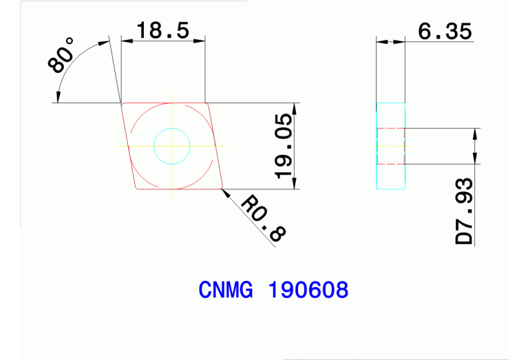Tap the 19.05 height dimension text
tap(284, 146)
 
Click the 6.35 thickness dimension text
tap(443, 32)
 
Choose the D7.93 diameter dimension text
tap(465, 211)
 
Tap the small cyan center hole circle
tap(171, 146)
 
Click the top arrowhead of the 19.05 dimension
tap(295, 108)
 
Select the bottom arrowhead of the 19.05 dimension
tap(295, 184)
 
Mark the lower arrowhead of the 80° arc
tap(59, 98)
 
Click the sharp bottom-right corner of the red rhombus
tap(222, 188)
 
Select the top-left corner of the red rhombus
tap(122, 104)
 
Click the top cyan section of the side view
tap(391, 115)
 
